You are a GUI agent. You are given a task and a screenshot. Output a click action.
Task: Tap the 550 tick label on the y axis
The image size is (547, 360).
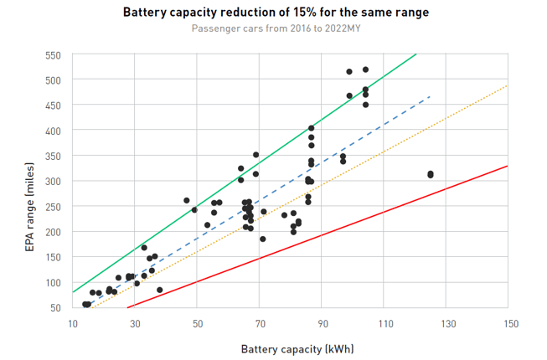click(x=53, y=55)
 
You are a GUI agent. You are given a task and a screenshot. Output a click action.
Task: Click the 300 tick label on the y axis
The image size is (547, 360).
click(x=53, y=182)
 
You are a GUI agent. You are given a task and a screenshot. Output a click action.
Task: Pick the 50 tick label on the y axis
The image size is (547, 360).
click(x=55, y=308)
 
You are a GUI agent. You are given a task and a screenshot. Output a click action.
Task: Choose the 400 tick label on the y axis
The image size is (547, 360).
click(x=53, y=131)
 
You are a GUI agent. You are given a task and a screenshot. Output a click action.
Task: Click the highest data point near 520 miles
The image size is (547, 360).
click(x=365, y=69)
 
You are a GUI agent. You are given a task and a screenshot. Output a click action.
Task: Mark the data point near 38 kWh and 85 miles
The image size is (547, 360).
click(x=159, y=290)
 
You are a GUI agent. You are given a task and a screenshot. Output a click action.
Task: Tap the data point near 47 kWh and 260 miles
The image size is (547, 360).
click(x=187, y=201)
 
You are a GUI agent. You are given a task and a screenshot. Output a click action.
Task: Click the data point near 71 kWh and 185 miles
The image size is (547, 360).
click(x=262, y=239)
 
